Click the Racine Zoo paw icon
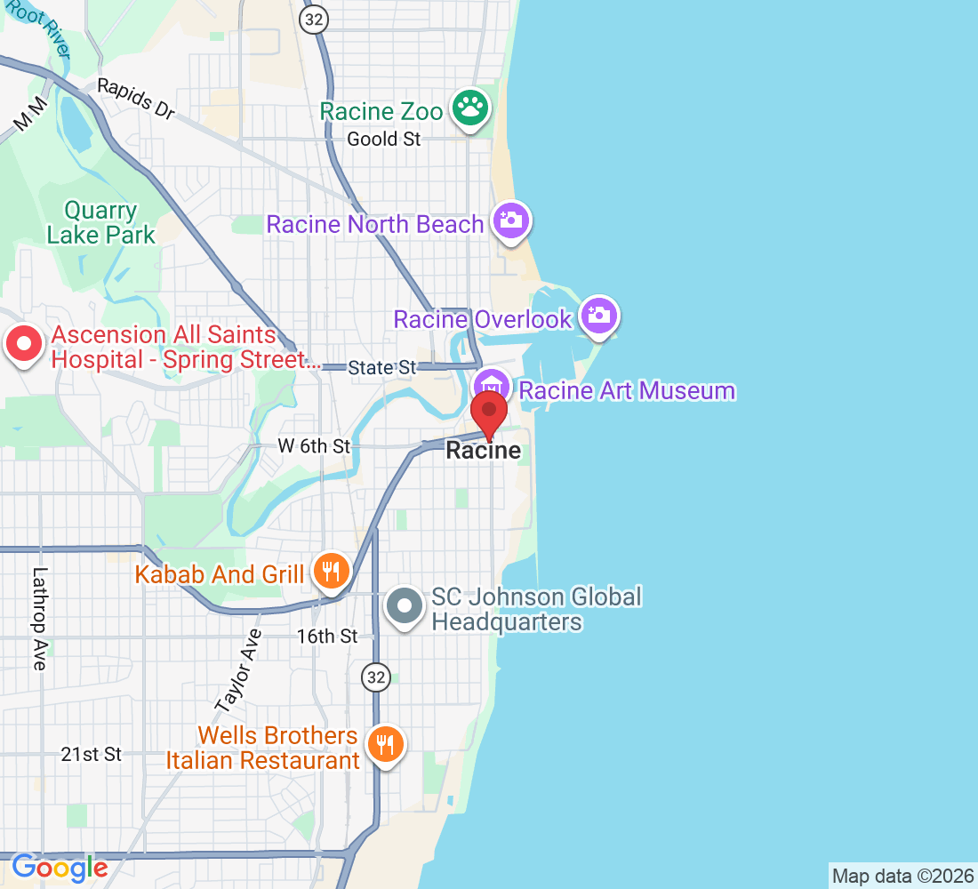[470, 109]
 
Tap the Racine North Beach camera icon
[511, 220]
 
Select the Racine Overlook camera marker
[599, 315]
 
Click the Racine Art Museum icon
[490, 387]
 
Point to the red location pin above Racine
[489, 413]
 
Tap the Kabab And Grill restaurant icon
[332, 571]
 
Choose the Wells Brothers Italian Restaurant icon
[385, 744]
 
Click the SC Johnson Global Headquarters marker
[406, 606]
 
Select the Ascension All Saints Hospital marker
[24, 344]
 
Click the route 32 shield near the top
[312, 20]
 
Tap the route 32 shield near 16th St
[376, 677]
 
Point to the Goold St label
[384, 139]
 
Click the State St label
[382, 367]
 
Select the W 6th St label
[314, 446]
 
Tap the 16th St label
[327, 636]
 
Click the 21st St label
[91, 754]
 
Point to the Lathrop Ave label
[38, 619]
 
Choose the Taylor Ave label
[238, 671]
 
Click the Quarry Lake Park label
[100, 223]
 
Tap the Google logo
[60, 867]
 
